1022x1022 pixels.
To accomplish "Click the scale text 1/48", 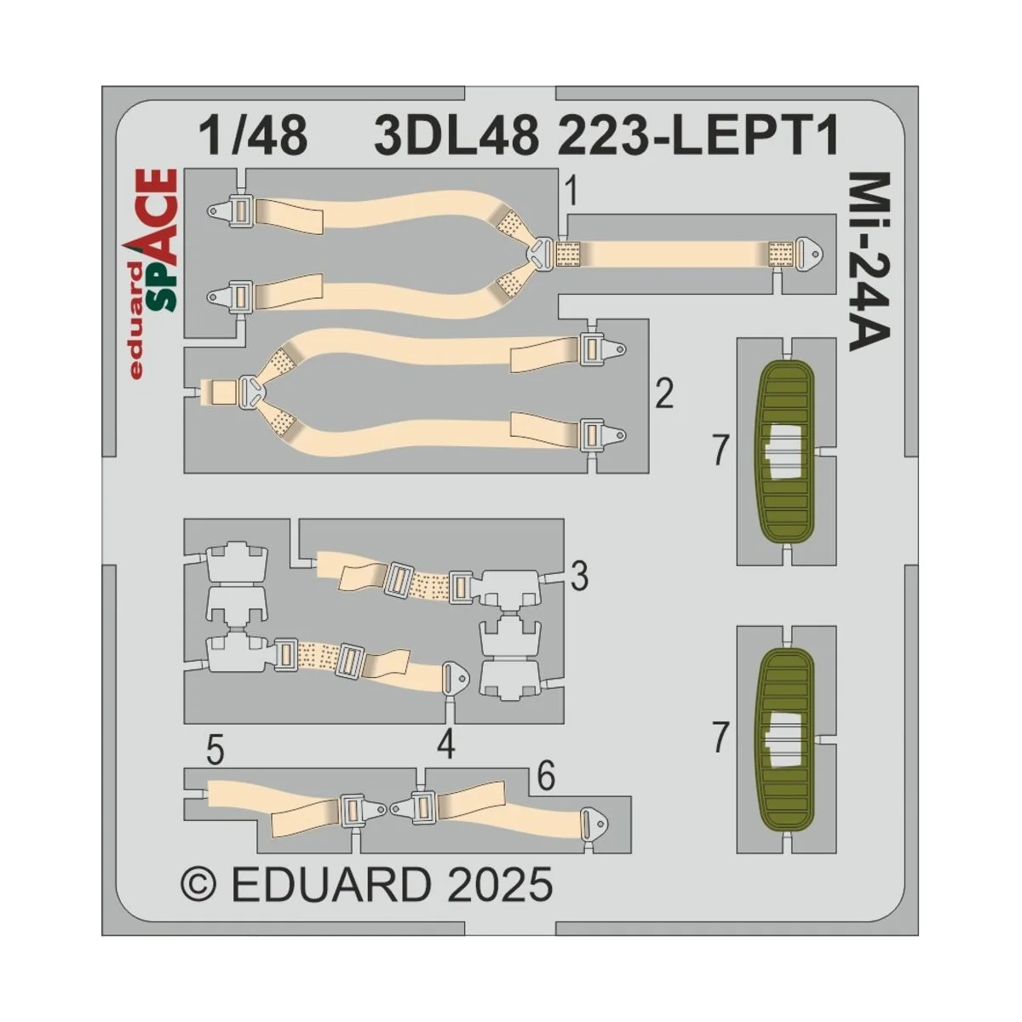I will pyautogui.click(x=252, y=136).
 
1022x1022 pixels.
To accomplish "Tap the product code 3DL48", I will pyautogui.click(x=456, y=136).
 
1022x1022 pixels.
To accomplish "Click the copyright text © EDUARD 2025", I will pyautogui.click(x=366, y=885).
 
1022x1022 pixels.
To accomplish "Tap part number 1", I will pyautogui.click(x=571, y=193).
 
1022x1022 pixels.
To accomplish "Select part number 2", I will pyautogui.click(x=664, y=395).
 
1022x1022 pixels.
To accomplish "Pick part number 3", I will pyautogui.click(x=579, y=577).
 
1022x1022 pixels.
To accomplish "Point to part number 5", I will pyautogui.click(x=215, y=752).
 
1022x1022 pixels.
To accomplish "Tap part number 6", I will pyautogui.click(x=546, y=777).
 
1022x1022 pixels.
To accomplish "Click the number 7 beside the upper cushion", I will pyautogui.click(x=721, y=451).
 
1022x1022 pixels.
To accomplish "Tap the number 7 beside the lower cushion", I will pyautogui.click(x=721, y=738).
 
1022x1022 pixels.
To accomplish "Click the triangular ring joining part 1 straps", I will pyautogui.click(x=542, y=252).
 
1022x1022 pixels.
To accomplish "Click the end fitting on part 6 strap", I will pyautogui.click(x=593, y=824).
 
